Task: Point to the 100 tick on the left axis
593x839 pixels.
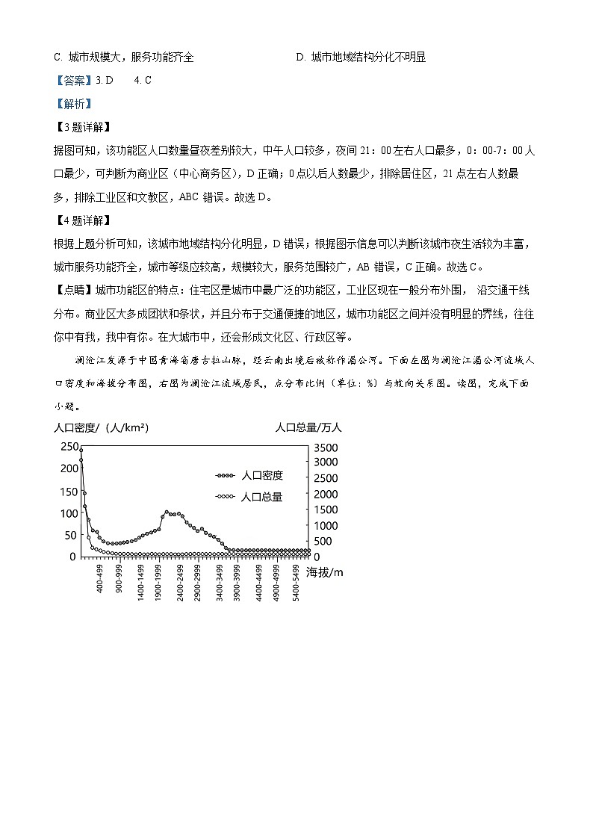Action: coord(67,513)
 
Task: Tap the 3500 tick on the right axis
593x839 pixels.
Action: coord(325,448)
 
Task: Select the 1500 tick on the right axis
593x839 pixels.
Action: coord(325,510)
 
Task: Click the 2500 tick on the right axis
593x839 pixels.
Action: coord(325,479)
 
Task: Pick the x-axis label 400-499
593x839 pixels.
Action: coord(100,580)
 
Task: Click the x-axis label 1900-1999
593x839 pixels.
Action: coord(158,580)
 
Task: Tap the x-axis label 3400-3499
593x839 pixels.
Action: coord(218,580)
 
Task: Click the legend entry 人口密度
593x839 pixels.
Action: coord(262,476)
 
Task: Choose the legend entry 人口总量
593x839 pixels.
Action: coord(262,497)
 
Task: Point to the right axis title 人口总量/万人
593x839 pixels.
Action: coord(308,428)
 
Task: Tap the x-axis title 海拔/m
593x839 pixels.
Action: coord(325,572)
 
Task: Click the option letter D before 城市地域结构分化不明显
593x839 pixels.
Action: coord(299,58)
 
